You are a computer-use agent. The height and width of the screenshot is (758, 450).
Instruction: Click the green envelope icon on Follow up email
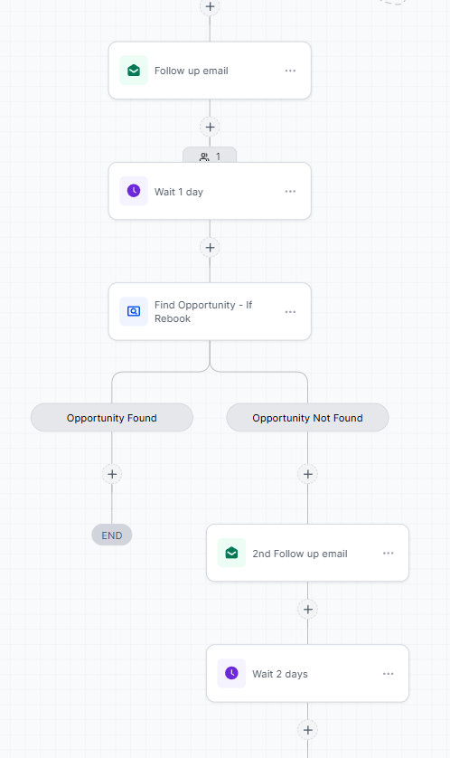pyautogui.click(x=134, y=71)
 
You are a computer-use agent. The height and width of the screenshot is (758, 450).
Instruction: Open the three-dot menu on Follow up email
pyautogui.click(x=290, y=71)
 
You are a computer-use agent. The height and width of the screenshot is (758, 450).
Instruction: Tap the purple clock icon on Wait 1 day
pyautogui.click(x=134, y=191)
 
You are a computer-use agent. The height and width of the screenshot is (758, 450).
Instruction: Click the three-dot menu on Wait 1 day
pyautogui.click(x=290, y=192)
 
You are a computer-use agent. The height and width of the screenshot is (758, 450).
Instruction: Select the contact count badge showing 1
pyautogui.click(x=210, y=156)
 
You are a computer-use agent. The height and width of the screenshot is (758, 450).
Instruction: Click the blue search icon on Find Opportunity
pyautogui.click(x=134, y=311)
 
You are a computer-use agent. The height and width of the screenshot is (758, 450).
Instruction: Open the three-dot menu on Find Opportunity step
pyautogui.click(x=290, y=312)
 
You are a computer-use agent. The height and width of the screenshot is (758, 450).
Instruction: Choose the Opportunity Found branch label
pyautogui.click(x=112, y=418)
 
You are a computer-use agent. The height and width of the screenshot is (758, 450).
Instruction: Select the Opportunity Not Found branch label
pyautogui.click(x=307, y=418)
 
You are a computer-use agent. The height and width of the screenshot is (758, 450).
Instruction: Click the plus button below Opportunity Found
pyautogui.click(x=112, y=474)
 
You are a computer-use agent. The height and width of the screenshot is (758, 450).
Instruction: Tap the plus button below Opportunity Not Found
pyautogui.click(x=307, y=474)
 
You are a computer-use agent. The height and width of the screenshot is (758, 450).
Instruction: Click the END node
pyautogui.click(x=112, y=535)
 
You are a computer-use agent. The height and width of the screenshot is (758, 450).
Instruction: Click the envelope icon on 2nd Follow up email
pyautogui.click(x=231, y=553)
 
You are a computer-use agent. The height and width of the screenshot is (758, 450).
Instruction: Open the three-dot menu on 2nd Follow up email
pyautogui.click(x=389, y=553)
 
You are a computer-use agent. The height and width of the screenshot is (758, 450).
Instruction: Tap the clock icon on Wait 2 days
pyautogui.click(x=231, y=673)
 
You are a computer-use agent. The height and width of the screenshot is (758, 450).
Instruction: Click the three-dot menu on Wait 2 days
pyautogui.click(x=389, y=673)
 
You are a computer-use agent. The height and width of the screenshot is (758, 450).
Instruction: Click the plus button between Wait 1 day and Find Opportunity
pyautogui.click(x=210, y=248)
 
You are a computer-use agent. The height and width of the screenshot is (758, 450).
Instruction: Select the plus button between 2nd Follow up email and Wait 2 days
pyautogui.click(x=307, y=610)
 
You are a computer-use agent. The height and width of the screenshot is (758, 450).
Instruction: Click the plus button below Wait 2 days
pyautogui.click(x=307, y=730)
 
